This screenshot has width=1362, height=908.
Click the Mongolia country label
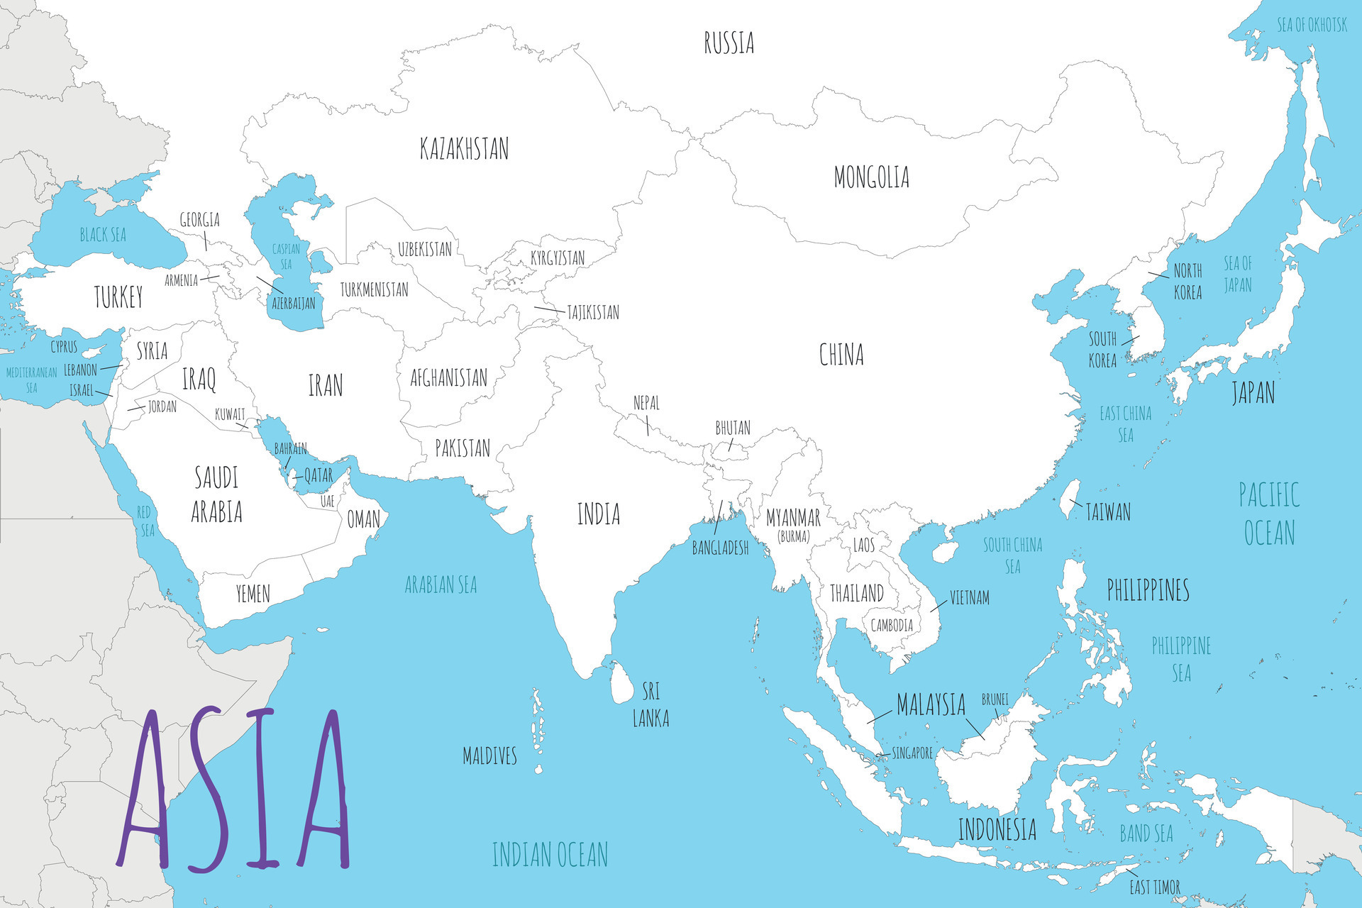click(871, 177)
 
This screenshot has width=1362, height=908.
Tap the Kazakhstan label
click(464, 149)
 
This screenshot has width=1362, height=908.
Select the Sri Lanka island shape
click(622, 682)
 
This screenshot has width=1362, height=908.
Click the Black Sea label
click(103, 235)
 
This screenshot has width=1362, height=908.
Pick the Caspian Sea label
click(286, 256)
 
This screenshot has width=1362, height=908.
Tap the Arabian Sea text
click(441, 585)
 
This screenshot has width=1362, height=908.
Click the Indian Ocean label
click(550, 854)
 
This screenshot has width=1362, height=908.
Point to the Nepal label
click(646, 403)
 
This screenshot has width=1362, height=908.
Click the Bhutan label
click(732, 428)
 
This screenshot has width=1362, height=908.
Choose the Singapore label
click(912, 753)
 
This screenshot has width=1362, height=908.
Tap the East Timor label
click(1155, 887)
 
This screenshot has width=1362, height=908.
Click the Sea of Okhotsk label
click(1312, 26)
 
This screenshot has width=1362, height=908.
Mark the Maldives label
click(489, 755)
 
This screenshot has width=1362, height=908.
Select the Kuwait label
click(230, 414)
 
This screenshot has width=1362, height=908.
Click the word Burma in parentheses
click(793, 537)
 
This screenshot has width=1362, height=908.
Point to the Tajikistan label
click(593, 312)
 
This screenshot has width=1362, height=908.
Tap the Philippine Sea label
click(1181, 658)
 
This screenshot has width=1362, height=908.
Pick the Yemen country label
click(253, 593)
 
